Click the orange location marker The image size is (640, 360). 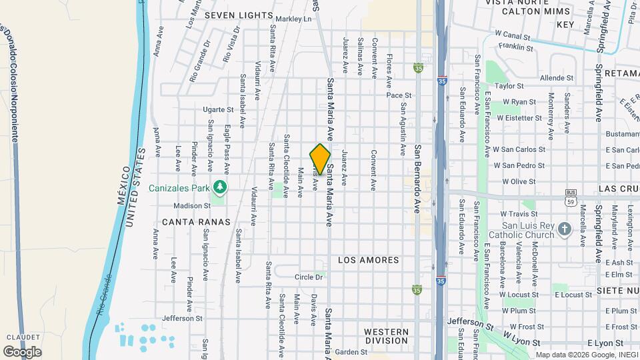[x=321, y=159]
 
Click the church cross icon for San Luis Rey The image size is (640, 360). [x=565, y=229]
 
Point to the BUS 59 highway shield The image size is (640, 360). [x=570, y=195]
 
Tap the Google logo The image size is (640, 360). [x=22, y=351]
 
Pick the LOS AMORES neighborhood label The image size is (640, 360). [x=368, y=260]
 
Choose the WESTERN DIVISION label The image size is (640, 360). [x=386, y=336]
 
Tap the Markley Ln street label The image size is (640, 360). [x=293, y=19]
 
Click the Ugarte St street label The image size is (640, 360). [x=219, y=109]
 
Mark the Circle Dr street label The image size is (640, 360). [x=310, y=277]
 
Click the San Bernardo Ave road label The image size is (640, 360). [x=417, y=179]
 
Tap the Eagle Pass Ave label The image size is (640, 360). [x=227, y=146]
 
